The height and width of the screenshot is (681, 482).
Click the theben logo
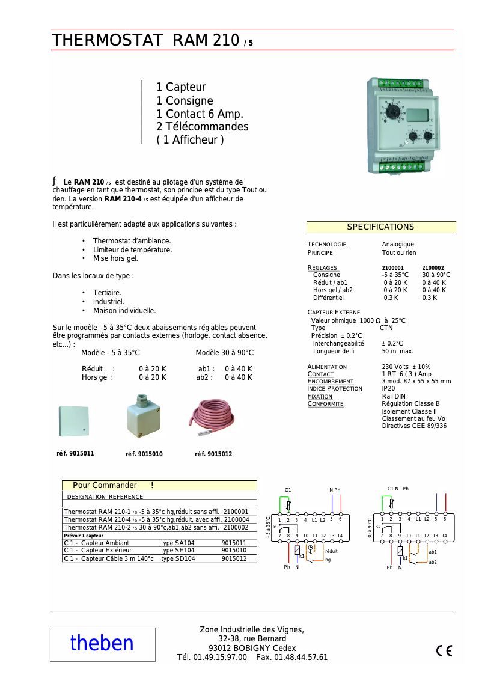pos(102,643)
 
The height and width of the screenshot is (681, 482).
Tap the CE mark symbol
pos(444,651)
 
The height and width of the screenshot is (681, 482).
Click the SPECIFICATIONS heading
pos(380,227)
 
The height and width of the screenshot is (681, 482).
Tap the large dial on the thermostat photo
pos(393,112)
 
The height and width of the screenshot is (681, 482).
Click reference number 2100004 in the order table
pos(236,519)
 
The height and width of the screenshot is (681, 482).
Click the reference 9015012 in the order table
pos(234,558)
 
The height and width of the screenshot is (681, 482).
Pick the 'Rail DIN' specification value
pos(394,397)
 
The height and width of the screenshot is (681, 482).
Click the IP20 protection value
pos(388,389)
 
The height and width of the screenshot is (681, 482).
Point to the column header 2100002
pos(433,268)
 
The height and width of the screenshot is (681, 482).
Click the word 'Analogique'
pos(398,245)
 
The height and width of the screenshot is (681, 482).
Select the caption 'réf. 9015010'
pos(144,454)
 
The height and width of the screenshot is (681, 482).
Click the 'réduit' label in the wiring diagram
pos(331,551)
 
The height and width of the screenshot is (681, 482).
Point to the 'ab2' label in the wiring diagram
pos(433,562)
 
